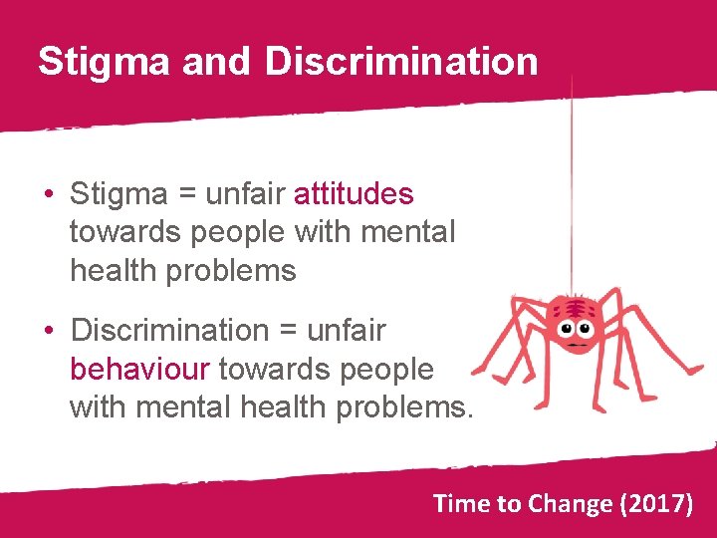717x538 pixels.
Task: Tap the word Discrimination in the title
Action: pos(401,61)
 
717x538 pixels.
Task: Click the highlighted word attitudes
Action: pos(354,192)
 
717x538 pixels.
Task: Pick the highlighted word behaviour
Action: pos(139,370)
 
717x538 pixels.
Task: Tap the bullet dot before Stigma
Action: pos(48,193)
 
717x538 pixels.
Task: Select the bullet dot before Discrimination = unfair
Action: pos(48,331)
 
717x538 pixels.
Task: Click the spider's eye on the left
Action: pos(567,328)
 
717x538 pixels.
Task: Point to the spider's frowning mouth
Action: pos(577,344)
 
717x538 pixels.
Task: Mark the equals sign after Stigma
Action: pos(186,193)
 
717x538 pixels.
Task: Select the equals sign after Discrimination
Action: pos(288,331)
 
